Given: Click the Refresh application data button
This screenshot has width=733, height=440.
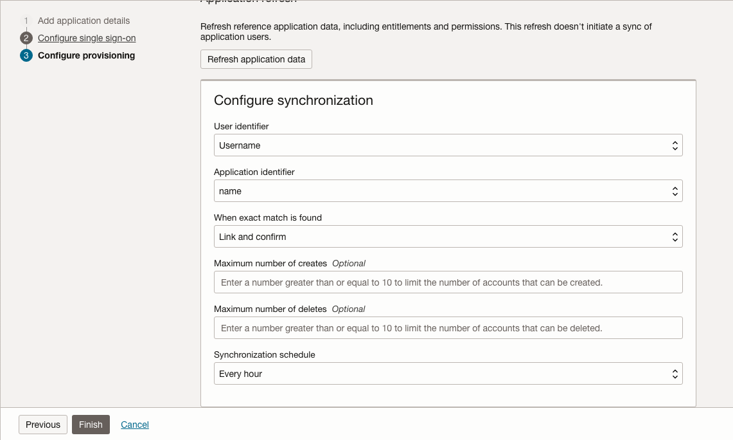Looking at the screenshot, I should (256, 59).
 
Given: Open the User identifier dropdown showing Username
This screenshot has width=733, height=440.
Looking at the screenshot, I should (448, 145).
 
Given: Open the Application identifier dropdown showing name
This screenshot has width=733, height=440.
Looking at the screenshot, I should (448, 191).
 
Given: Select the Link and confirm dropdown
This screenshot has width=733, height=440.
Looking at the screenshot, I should (448, 237).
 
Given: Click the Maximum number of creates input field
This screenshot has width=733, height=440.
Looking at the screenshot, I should (448, 282).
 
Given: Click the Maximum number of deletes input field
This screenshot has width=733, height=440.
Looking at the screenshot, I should (448, 328).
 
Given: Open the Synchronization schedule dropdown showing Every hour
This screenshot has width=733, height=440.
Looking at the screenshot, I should (448, 374).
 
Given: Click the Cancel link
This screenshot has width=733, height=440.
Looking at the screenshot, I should (135, 425).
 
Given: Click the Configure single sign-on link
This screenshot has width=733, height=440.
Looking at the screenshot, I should (87, 38).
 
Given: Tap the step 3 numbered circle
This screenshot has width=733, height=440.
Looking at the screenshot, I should (26, 55).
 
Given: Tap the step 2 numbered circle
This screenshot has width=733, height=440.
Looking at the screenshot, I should (26, 38).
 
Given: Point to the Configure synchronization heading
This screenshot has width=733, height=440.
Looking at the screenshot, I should (293, 100).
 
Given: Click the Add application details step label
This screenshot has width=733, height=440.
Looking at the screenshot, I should (84, 21).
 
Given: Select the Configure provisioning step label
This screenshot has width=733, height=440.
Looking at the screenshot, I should (86, 55).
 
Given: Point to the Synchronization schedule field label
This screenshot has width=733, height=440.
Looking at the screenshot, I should (264, 354).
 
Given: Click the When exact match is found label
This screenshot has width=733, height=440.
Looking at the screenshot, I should (267, 217).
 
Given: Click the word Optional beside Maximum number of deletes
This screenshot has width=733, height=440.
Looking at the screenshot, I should (348, 309).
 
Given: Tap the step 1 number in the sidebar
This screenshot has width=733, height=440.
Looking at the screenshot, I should (26, 21).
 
